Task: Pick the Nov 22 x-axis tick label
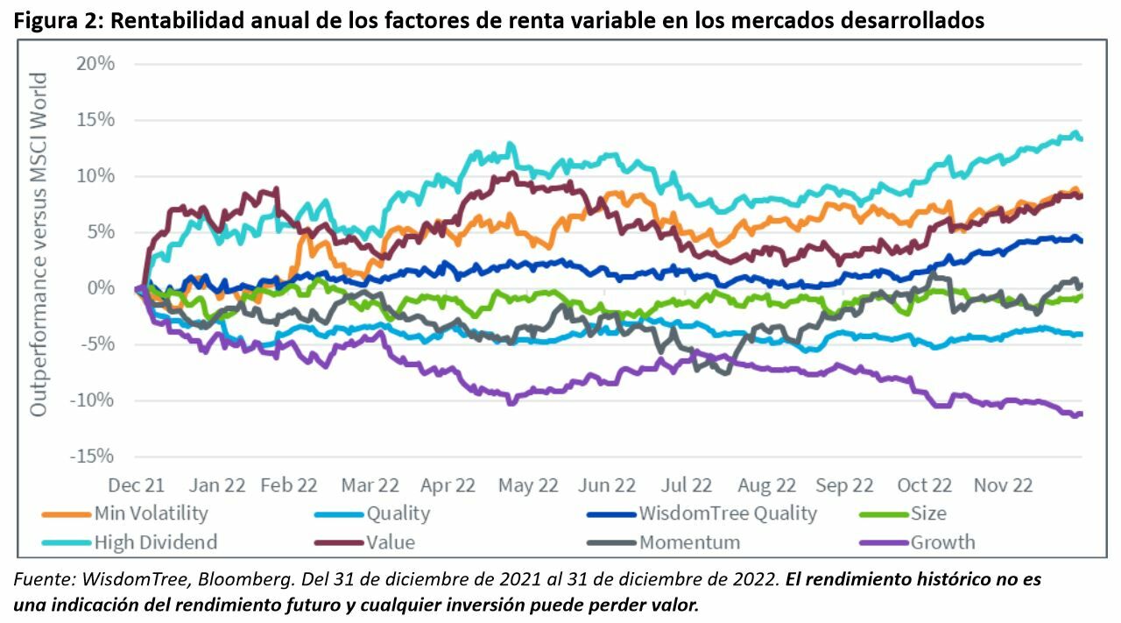coord(1003,485)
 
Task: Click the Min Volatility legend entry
coord(151,513)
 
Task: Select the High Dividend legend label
coord(155,542)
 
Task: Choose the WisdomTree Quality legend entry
coord(727,513)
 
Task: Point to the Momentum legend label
coord(689,542)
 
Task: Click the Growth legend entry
coord(942,542)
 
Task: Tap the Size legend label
coord(928,513)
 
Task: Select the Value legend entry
coord(391,542)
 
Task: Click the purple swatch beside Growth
coord(884,543)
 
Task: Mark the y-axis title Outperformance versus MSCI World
coord(39,245)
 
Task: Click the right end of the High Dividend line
coord(1082,138)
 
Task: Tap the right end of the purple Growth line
coord(1082,414)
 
